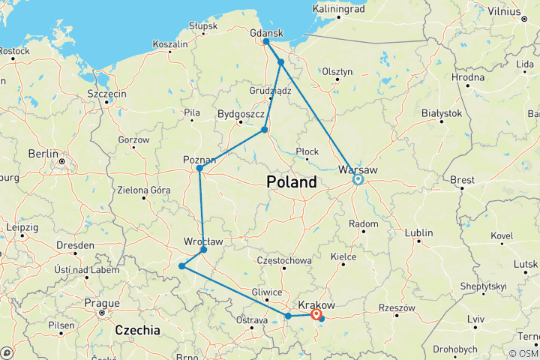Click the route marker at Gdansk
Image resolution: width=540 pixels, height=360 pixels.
(x=266, y=41)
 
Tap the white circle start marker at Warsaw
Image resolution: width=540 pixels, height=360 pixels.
(x=358, y=179)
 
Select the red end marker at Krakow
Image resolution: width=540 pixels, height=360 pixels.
(x=316, y=315)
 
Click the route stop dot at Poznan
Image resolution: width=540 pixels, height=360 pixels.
(x=199, y=168)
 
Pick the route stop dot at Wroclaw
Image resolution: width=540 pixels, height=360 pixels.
(x=203, y=249)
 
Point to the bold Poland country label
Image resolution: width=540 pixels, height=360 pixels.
(x=292, y=182)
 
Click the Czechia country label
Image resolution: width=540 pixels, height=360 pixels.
(x=138, y=330)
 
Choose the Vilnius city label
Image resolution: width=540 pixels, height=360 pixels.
(x=503, y=11)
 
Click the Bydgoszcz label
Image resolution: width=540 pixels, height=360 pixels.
(x=240, y=114)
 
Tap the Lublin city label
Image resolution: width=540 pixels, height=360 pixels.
(x=418, y=232)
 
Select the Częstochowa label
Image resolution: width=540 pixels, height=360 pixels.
(x=283, y=259)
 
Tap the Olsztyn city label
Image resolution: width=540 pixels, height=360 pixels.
(x=337, y=71)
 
